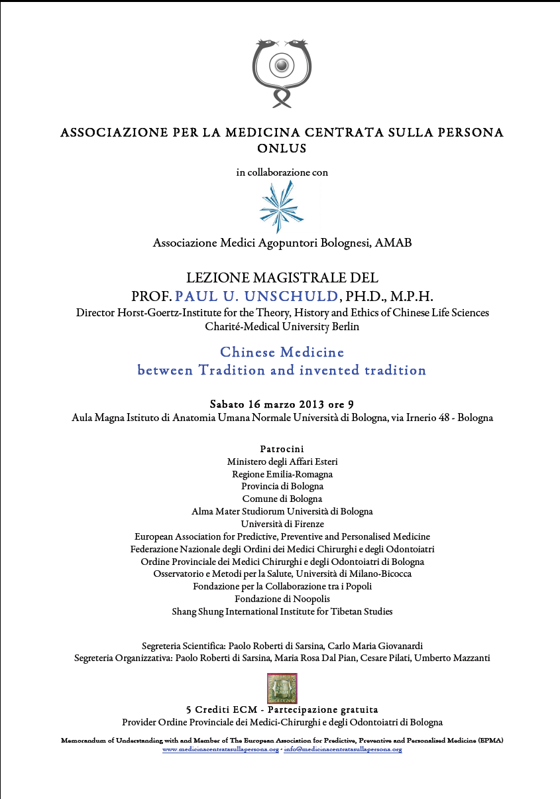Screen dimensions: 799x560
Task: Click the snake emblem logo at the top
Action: click(282, 72)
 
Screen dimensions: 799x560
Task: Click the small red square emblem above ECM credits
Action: click(282, 688)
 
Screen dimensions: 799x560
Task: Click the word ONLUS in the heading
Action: click(282, 149)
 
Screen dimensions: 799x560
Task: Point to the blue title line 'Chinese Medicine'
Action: click(282, 351)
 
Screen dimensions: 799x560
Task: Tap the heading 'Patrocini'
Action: click(282, 449)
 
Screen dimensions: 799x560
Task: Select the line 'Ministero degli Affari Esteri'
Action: click(282, 461)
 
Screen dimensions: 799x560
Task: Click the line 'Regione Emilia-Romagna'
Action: click(282, 474)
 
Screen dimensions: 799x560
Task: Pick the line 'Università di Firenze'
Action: click(282, 524)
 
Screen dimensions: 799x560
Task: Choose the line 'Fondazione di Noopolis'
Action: click(282, 599)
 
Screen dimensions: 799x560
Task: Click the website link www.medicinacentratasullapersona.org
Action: click(221, 749)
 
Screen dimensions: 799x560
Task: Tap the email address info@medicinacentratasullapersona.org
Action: click(343, 749)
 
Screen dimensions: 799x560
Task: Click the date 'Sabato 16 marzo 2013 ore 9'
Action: click(282, 404)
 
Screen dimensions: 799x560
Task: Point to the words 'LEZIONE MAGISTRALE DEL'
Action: click(282, 278)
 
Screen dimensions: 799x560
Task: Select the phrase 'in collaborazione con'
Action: click(282, 172)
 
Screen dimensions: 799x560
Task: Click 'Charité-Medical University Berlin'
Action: click(282, 326)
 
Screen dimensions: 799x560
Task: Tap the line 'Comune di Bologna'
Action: click(282, 499)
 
